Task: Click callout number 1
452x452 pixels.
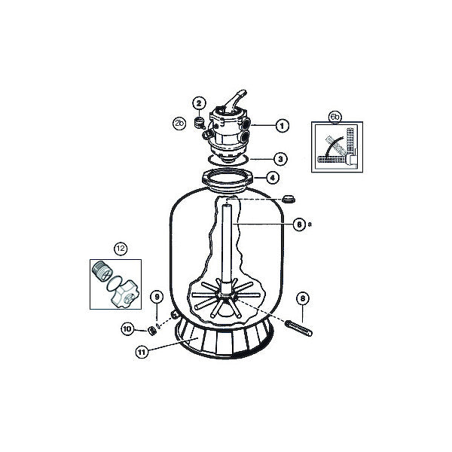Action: click(x=282, y=125)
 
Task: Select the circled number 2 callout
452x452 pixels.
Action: click(x=199, y=103)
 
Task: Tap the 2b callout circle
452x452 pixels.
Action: click(x=179, y=124)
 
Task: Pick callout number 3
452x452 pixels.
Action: click(x=280, y=159)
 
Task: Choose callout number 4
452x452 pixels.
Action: click(x=273, y=178)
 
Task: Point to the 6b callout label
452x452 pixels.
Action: click(x=335, y=117)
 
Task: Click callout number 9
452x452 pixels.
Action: click(x=157, y=297)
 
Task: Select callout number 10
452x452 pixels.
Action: click(x=127, y=329)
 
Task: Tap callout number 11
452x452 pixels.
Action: click(x=142, y=353)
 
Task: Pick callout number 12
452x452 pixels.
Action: click(x=121, y=248)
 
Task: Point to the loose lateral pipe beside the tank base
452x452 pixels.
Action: click(x=298, y=328)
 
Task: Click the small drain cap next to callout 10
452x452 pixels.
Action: click(x=152, y=331)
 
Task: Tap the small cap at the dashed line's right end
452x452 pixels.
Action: click(x=289, y=199)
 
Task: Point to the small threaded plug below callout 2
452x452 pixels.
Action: click(x=199, y=122)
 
